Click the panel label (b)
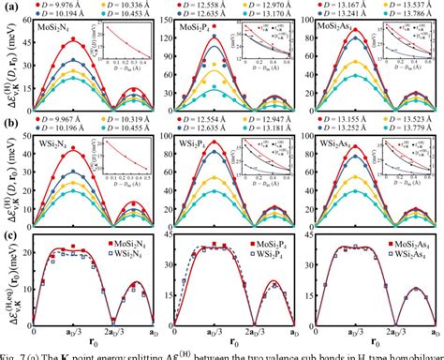tap(8, 120)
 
